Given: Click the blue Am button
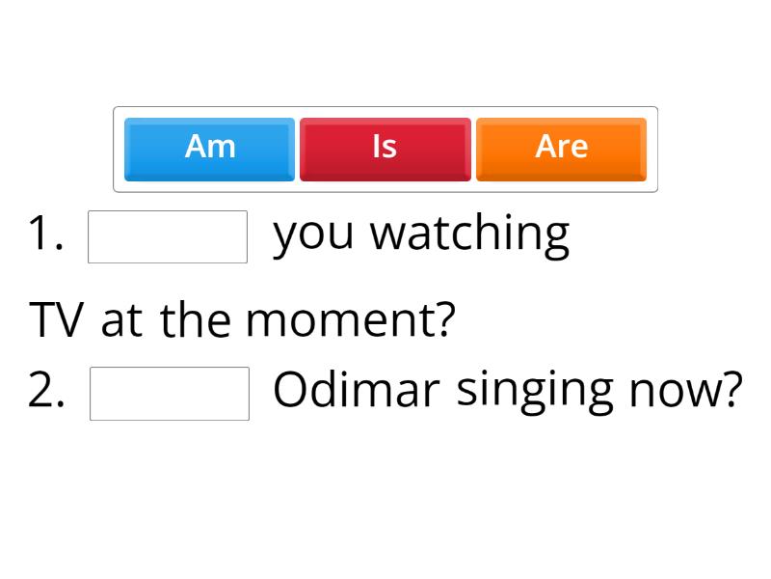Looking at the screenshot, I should [x=209, y=149].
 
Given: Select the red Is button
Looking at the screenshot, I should [x=385, y=149].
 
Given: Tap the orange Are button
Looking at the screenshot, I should [x=561, y=149].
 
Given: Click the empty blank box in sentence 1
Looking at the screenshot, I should [x=168, y=236].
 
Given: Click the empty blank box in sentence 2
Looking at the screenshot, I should [x=170, y=393].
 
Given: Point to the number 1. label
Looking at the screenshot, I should [x=46, y=234].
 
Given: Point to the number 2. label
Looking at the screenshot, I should [x=47, y=391].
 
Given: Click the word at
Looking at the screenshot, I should [x=120, y=321].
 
